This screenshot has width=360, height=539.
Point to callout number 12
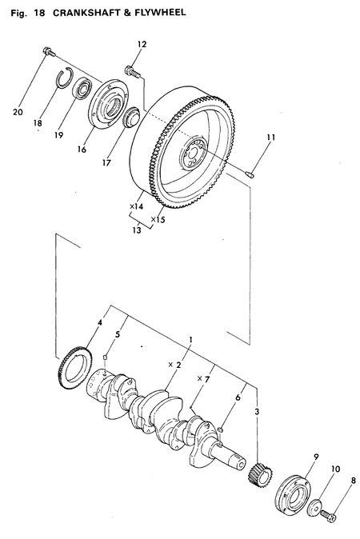(x=142, y=45)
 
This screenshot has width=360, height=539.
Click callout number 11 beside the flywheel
(x=270, y=138)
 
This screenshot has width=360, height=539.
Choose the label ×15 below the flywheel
(x=158, y=218)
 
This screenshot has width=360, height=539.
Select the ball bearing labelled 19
(x=81, y=90)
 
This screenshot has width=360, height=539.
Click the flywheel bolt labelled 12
(x=133, y=73)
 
